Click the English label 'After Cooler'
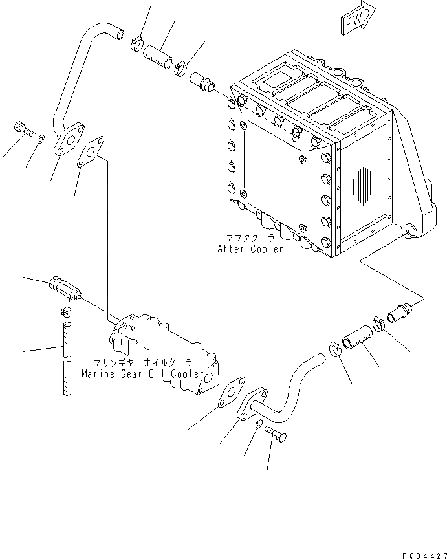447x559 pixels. tap(251, 249)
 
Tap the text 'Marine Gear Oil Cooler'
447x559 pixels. tap(143, 374)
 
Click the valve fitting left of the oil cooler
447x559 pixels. tap(65, 288)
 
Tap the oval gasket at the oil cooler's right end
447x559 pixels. tap(228, 392)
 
